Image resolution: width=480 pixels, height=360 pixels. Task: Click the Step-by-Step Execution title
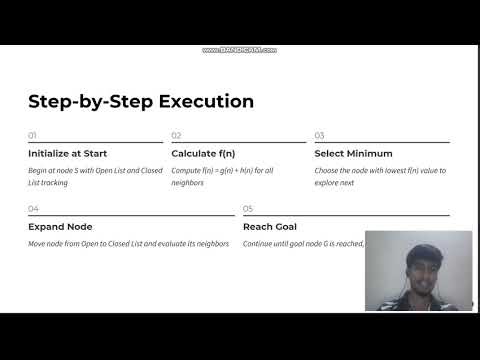pyautogui.click(x=140, y=101)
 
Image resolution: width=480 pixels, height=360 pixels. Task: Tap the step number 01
pyautogui.click(x=32, y=135)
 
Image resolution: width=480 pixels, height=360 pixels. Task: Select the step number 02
pyautogui.click(x=176, y=135)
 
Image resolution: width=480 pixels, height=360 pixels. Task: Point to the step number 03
pyautogui.click(x=319, y=135)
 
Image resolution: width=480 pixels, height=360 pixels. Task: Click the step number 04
pyautogui.click(x=33, y=209)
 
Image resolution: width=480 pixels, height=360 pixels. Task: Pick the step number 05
pyautogui.click(x=248, y=209)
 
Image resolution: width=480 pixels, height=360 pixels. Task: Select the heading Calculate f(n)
pyautogui.click(x=203, y=153)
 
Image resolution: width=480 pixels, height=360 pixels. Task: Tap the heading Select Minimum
pyautogui.click(x=353, y=153)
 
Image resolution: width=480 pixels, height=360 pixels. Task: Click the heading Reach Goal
pyautogui.click(x=269, y=227)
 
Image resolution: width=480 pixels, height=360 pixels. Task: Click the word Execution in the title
pyautogui.click(x=205, y=101)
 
